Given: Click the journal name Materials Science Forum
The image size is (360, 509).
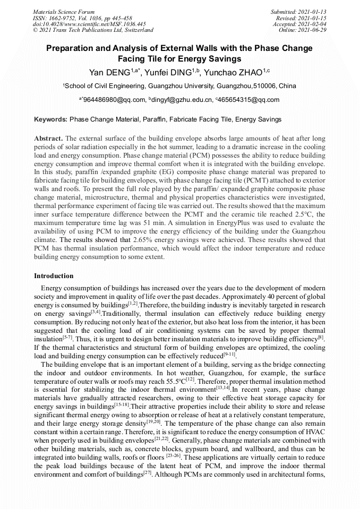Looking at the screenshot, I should pyautogui.click(x=64, y=11).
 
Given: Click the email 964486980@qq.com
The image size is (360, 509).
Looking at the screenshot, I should pyautogui.click(x=114, y=99).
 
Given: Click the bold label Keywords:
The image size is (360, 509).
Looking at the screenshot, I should pyautogui.click(x=50, y=120).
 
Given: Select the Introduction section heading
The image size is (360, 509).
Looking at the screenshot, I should pyautogui.click(x=54, y=276).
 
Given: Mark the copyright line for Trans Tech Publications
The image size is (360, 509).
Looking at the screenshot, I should pyautogui.click(x=93, y=30).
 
